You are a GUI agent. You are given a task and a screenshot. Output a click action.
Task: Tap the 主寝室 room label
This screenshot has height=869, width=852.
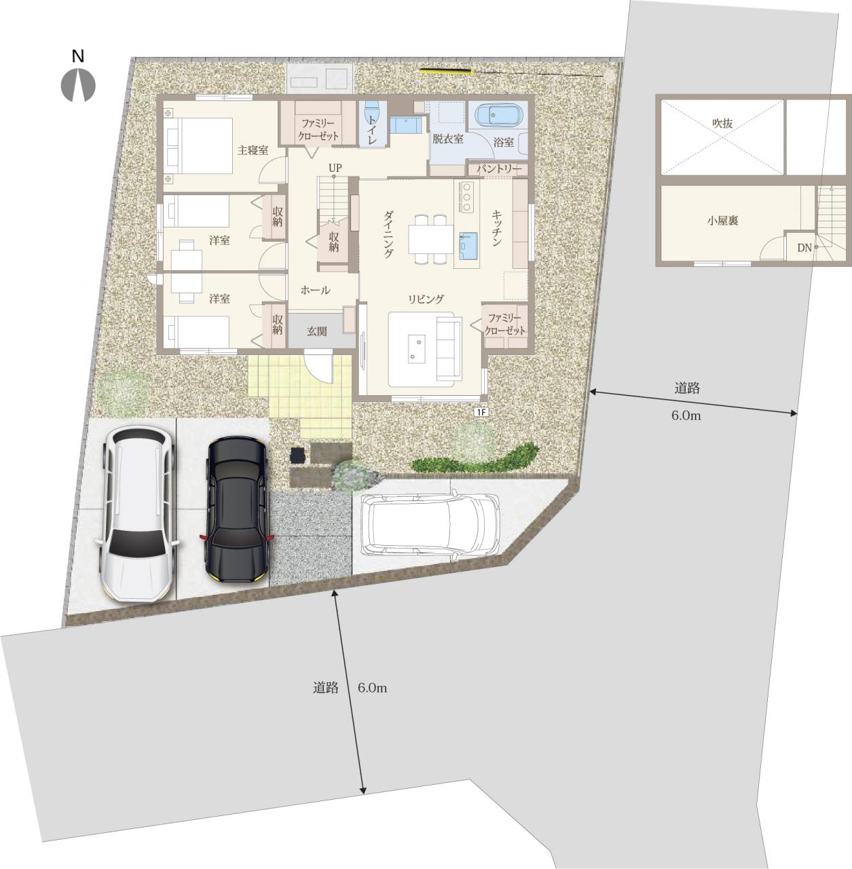(253, 150)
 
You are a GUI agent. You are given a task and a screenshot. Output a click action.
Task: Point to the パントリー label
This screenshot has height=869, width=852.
(498, 169)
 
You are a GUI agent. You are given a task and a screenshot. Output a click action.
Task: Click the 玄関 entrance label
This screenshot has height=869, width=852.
(316, 331)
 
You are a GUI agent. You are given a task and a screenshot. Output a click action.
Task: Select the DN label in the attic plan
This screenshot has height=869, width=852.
(804, 248)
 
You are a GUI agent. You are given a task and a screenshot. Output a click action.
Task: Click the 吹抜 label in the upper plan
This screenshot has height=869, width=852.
(722, 123)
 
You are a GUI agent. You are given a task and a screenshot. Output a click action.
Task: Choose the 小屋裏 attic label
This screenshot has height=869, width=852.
(722, 221)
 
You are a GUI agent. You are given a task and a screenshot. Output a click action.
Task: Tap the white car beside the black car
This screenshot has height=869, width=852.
(137, 514)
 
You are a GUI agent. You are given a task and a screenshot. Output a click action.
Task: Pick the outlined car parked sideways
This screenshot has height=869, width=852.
(430, 525)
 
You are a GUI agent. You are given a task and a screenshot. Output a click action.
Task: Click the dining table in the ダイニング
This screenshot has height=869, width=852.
(431, 239)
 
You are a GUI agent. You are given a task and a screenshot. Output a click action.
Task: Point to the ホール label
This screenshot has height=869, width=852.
(315, 291)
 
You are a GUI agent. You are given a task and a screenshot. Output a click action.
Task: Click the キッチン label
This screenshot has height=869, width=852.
(496, 227)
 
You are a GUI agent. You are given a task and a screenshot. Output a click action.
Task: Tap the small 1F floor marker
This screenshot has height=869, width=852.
(481, 411)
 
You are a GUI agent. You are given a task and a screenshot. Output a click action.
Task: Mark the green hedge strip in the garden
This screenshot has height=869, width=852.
(477, 461)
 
